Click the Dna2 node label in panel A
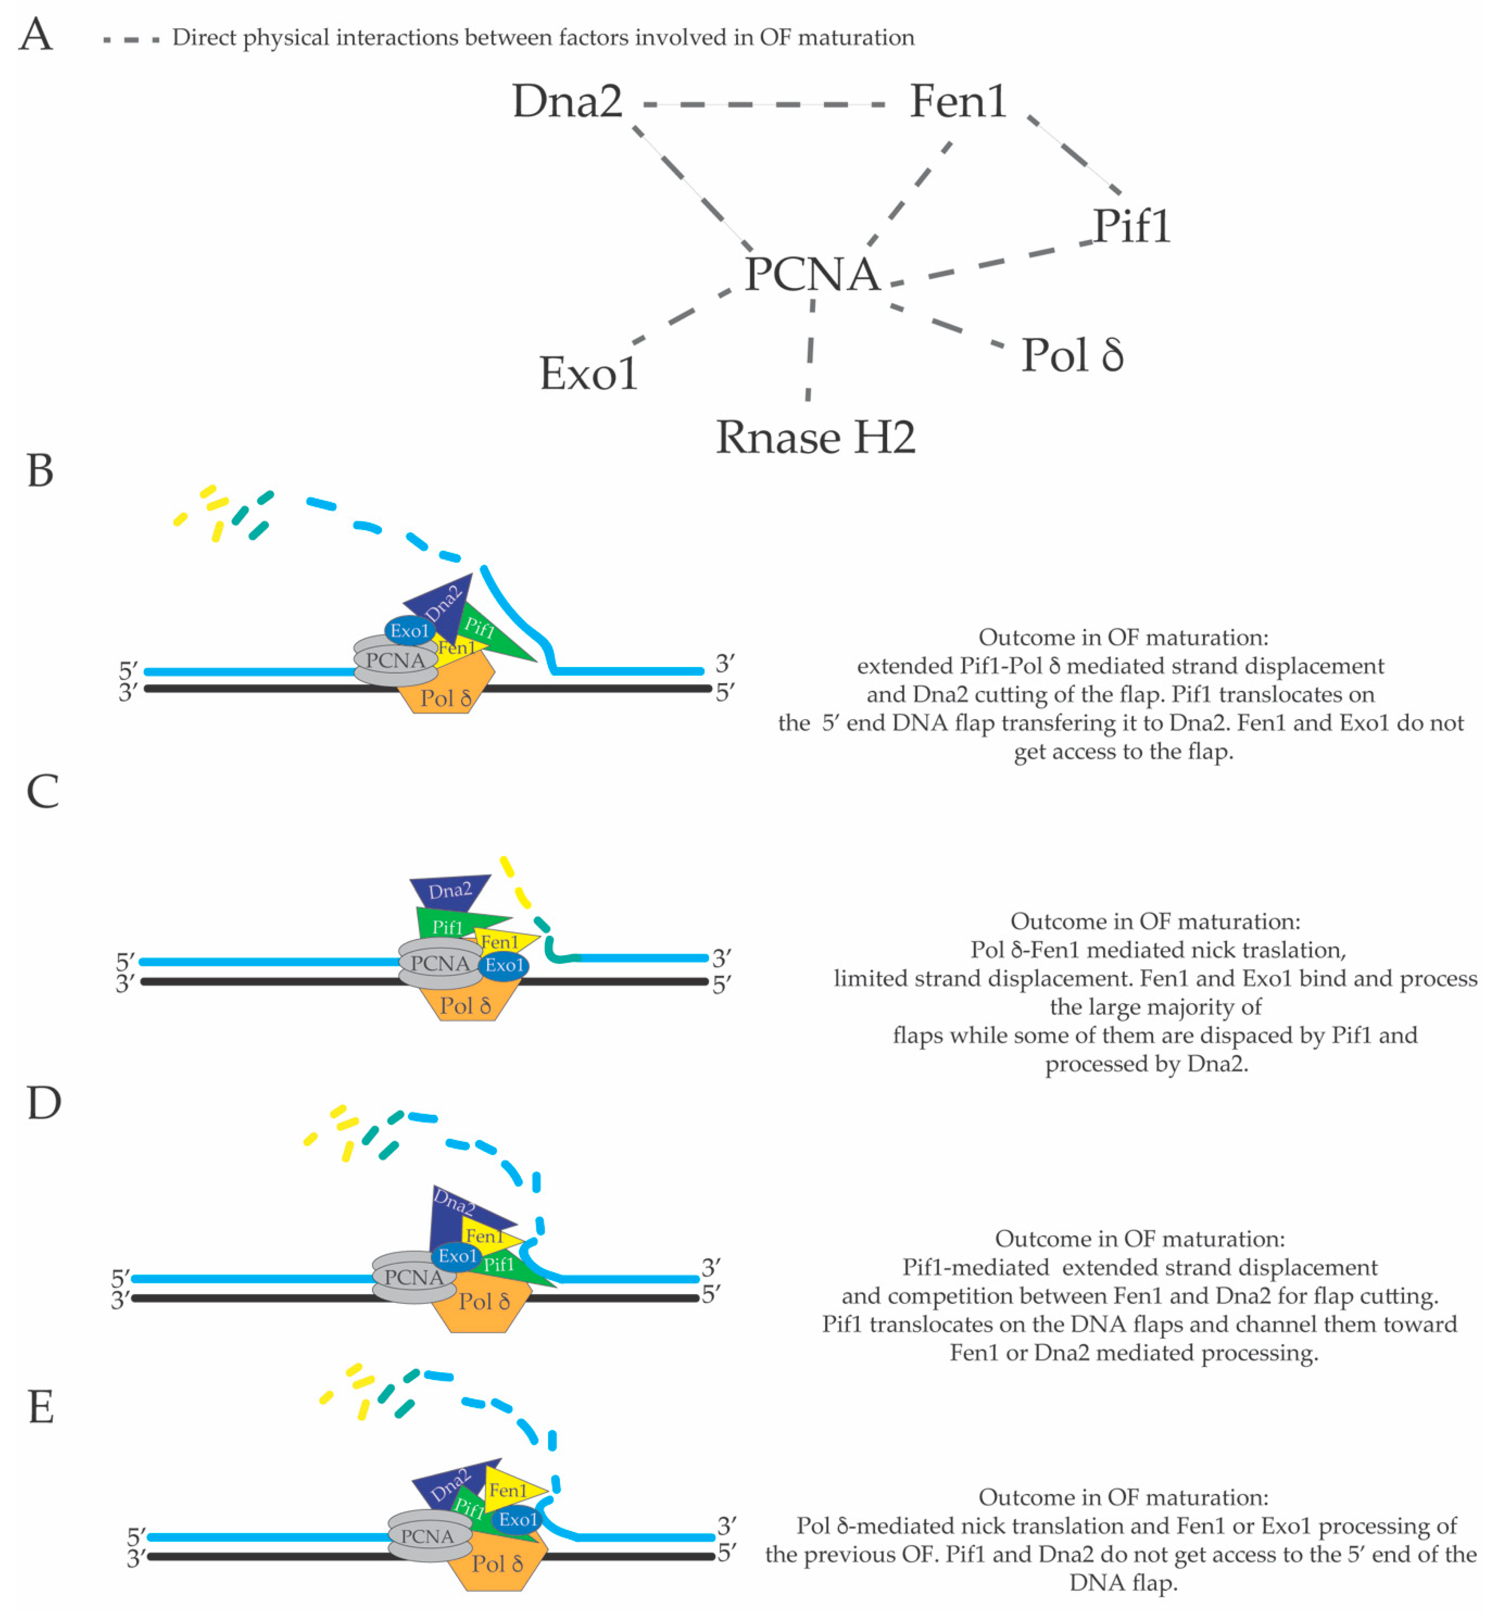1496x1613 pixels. pos(567,102)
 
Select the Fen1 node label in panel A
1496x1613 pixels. pos(958,102)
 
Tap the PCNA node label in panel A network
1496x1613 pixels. pos(812,274)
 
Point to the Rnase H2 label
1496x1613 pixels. pos(815,438)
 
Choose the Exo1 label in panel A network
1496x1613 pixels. pos(589,374)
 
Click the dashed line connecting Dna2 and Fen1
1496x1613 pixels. pos(765,104)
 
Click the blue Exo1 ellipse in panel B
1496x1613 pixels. pos(409,630)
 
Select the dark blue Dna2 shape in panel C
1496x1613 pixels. pos(449,890)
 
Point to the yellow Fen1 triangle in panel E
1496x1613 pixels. pos(510,1489)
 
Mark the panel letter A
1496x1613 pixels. pos(35,35)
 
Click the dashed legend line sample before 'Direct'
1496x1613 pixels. pos(131,39)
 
